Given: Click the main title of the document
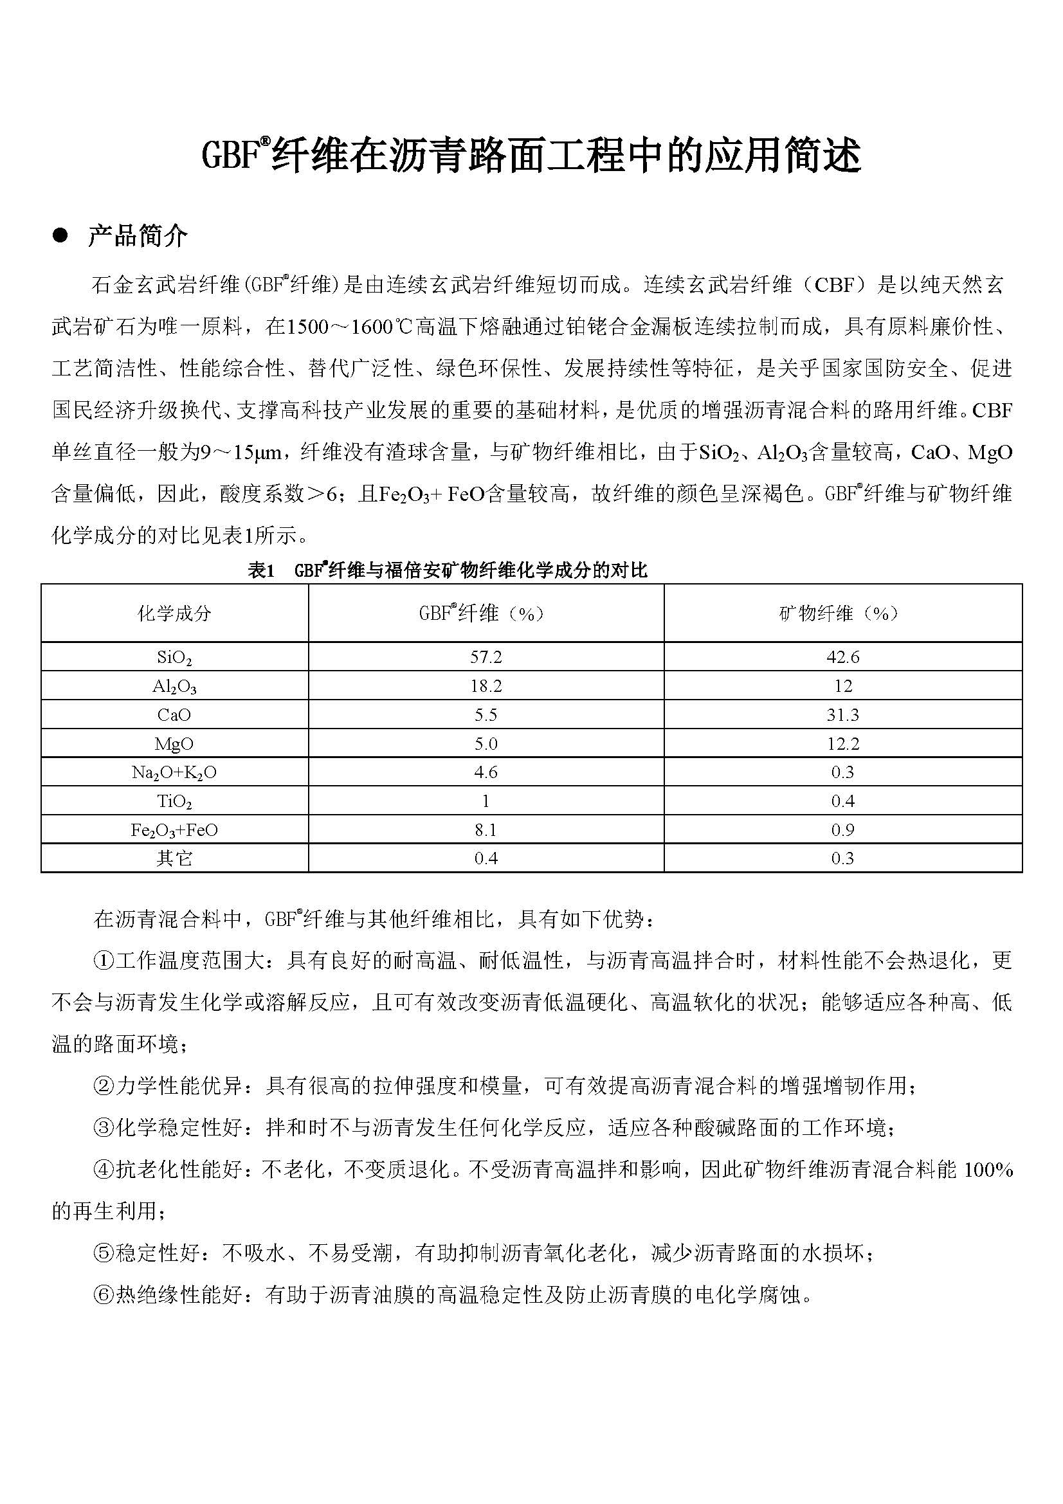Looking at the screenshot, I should pyautogui.click(x=531, y=156).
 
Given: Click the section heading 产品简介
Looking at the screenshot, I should pyautogui.click(x=138, y=237).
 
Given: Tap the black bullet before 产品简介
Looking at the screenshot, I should pyautogui.click(x=61, y=236).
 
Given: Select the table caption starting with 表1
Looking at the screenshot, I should pyautogui.click(x=448, y=570).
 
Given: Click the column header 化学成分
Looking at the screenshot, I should pyautogui.click(x=174, y=613).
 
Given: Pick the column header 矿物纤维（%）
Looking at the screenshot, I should pyautogui.click(x=842, y=613).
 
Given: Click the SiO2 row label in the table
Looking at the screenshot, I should pyautogui.click(x=174, y=658).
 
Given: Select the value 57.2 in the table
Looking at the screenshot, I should pyautogui.click(x=486, y=657).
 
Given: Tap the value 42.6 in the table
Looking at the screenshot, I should pyautogui.click(x=842, y=657).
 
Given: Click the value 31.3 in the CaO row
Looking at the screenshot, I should pyautogui.click(x=842, y=714).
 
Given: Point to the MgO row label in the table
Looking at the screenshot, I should pyautogui.click(x=174, y=743).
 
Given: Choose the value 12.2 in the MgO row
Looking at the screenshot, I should pyautogui.click(x=842, y=743).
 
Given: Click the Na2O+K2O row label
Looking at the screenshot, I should pyautogui.click(x=174, y=773).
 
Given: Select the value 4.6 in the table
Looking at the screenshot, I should pyautogui.click(x=486, y=772).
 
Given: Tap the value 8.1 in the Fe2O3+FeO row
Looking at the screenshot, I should pyautogui.click(x=486, y=830).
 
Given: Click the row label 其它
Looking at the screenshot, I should pyautogui.click(x=174, y=858).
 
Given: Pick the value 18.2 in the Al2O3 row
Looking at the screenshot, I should pyautogui.click(x=486, y=686).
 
